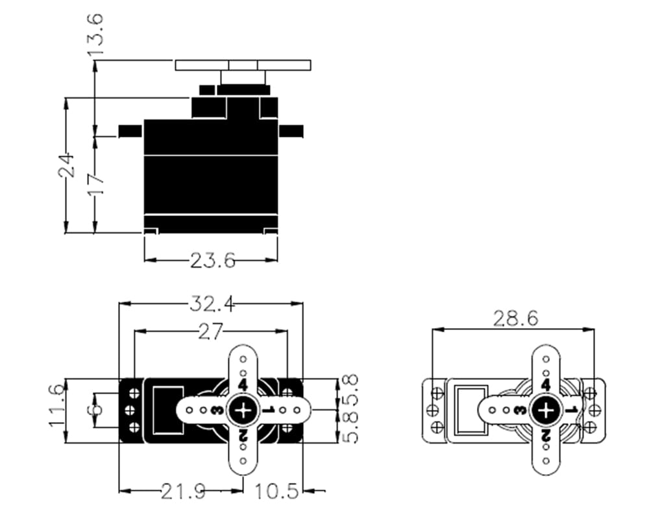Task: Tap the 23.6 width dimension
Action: click(x=212, y=261)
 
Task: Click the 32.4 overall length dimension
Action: click(x=212, y=303)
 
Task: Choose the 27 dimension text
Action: click(x=210, y=331)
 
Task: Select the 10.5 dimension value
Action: click(x=277, y=492)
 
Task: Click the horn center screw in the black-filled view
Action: click(x=243, y=410)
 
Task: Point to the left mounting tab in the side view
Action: click(x=130, y=131)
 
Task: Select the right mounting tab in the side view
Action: click(x=291, y=131)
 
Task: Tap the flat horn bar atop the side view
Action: click(x=244, y=65)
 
